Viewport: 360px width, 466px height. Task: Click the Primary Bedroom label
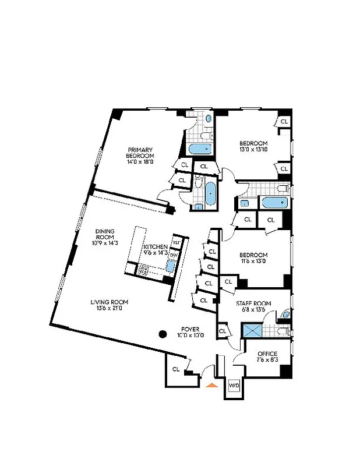140,153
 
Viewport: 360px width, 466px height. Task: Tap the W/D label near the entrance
234,386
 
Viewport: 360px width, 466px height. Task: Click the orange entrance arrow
211,384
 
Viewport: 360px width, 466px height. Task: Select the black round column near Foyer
163,334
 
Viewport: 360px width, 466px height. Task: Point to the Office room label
267,354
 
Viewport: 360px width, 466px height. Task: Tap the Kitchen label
156,247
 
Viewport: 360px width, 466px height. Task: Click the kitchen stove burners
143,270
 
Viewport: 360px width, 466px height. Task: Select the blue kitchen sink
170,266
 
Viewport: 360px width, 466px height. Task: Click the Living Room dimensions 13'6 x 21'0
109,308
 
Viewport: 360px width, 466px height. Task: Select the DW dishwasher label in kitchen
174,255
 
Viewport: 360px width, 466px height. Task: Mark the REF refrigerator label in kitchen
175,242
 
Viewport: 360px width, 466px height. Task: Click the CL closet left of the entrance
175,369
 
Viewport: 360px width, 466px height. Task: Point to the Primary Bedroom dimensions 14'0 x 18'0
140,162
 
